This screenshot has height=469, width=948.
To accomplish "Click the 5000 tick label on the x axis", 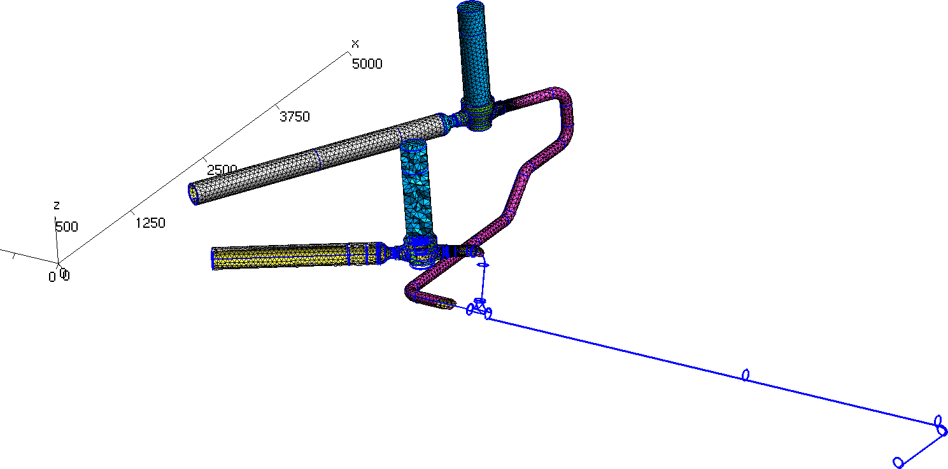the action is pos(367,64).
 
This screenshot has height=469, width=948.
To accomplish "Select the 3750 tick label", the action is pos(295,116).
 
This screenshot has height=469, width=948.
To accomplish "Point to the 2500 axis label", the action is pos(222,169).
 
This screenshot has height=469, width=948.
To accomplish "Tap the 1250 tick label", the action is pos(150,223).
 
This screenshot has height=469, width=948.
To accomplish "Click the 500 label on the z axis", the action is pos(67,227).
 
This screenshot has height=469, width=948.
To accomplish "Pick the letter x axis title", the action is pos(355,43).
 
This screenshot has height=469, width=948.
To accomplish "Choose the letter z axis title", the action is pos(56,206).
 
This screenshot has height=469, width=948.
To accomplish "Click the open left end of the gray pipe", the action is pos(194,194).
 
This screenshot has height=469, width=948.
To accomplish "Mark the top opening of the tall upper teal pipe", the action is pos(470,6).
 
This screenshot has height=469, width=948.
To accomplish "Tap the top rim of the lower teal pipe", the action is pos(413,146).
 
